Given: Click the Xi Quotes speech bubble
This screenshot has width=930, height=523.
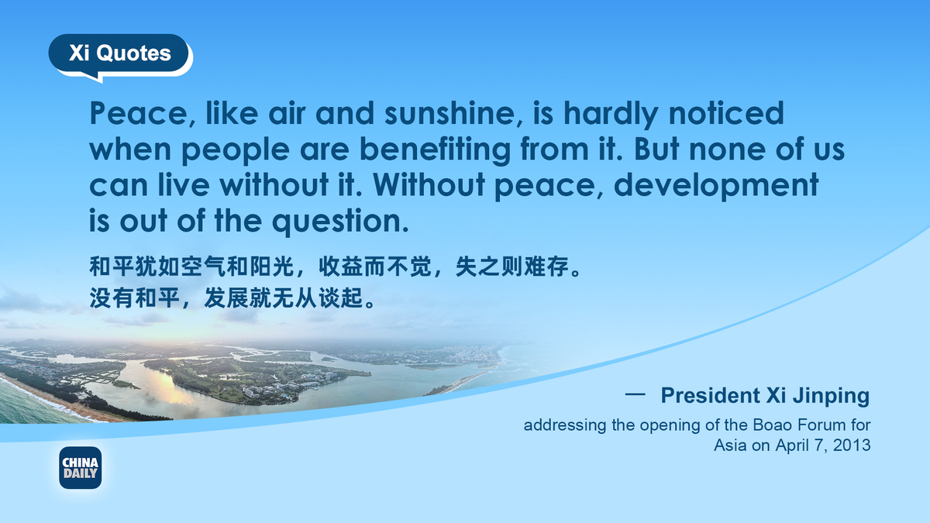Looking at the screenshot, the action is point(119,54).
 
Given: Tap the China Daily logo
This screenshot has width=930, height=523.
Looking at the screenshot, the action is point(81,468).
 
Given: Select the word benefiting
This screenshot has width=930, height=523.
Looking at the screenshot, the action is point(435,150).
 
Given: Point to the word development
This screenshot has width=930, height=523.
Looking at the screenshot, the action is point(716,185).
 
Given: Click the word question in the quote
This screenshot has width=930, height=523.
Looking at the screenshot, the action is point(340,222).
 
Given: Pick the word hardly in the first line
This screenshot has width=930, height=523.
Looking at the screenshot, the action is point(611,114).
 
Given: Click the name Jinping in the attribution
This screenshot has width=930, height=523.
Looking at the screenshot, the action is point(831,396).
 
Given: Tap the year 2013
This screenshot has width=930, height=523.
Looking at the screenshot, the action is point(852,445).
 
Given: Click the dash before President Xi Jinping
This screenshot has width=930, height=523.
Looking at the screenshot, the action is point(635,394).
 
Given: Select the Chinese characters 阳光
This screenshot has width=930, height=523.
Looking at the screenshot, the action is point(272,267).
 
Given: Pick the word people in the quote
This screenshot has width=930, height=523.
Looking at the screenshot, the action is point(236,151).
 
